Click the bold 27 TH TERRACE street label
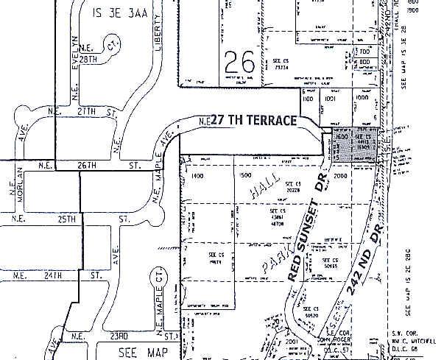(x=253, y=120)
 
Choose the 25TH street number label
(x=67, y=219)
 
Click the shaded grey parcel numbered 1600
(x=341, y=138)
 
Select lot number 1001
(x=331, y=97)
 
